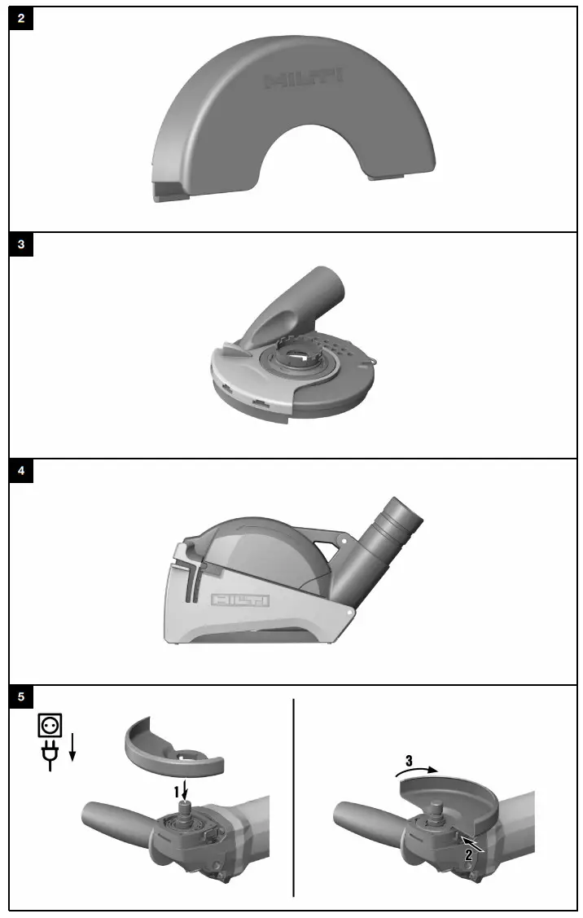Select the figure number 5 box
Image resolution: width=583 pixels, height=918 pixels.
[21, 697]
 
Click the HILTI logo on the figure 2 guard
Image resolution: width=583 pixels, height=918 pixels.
[305, 79]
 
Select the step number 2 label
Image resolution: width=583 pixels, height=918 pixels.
[469, 855]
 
